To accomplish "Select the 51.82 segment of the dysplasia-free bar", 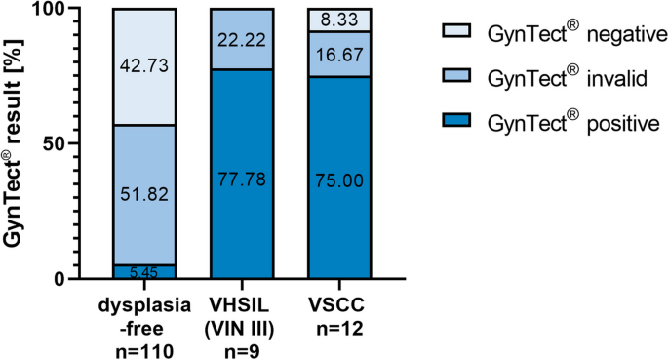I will [x=144, y=194].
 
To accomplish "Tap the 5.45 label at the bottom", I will [x=144, y=272].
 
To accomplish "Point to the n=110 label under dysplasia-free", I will [x=145, y=346].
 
